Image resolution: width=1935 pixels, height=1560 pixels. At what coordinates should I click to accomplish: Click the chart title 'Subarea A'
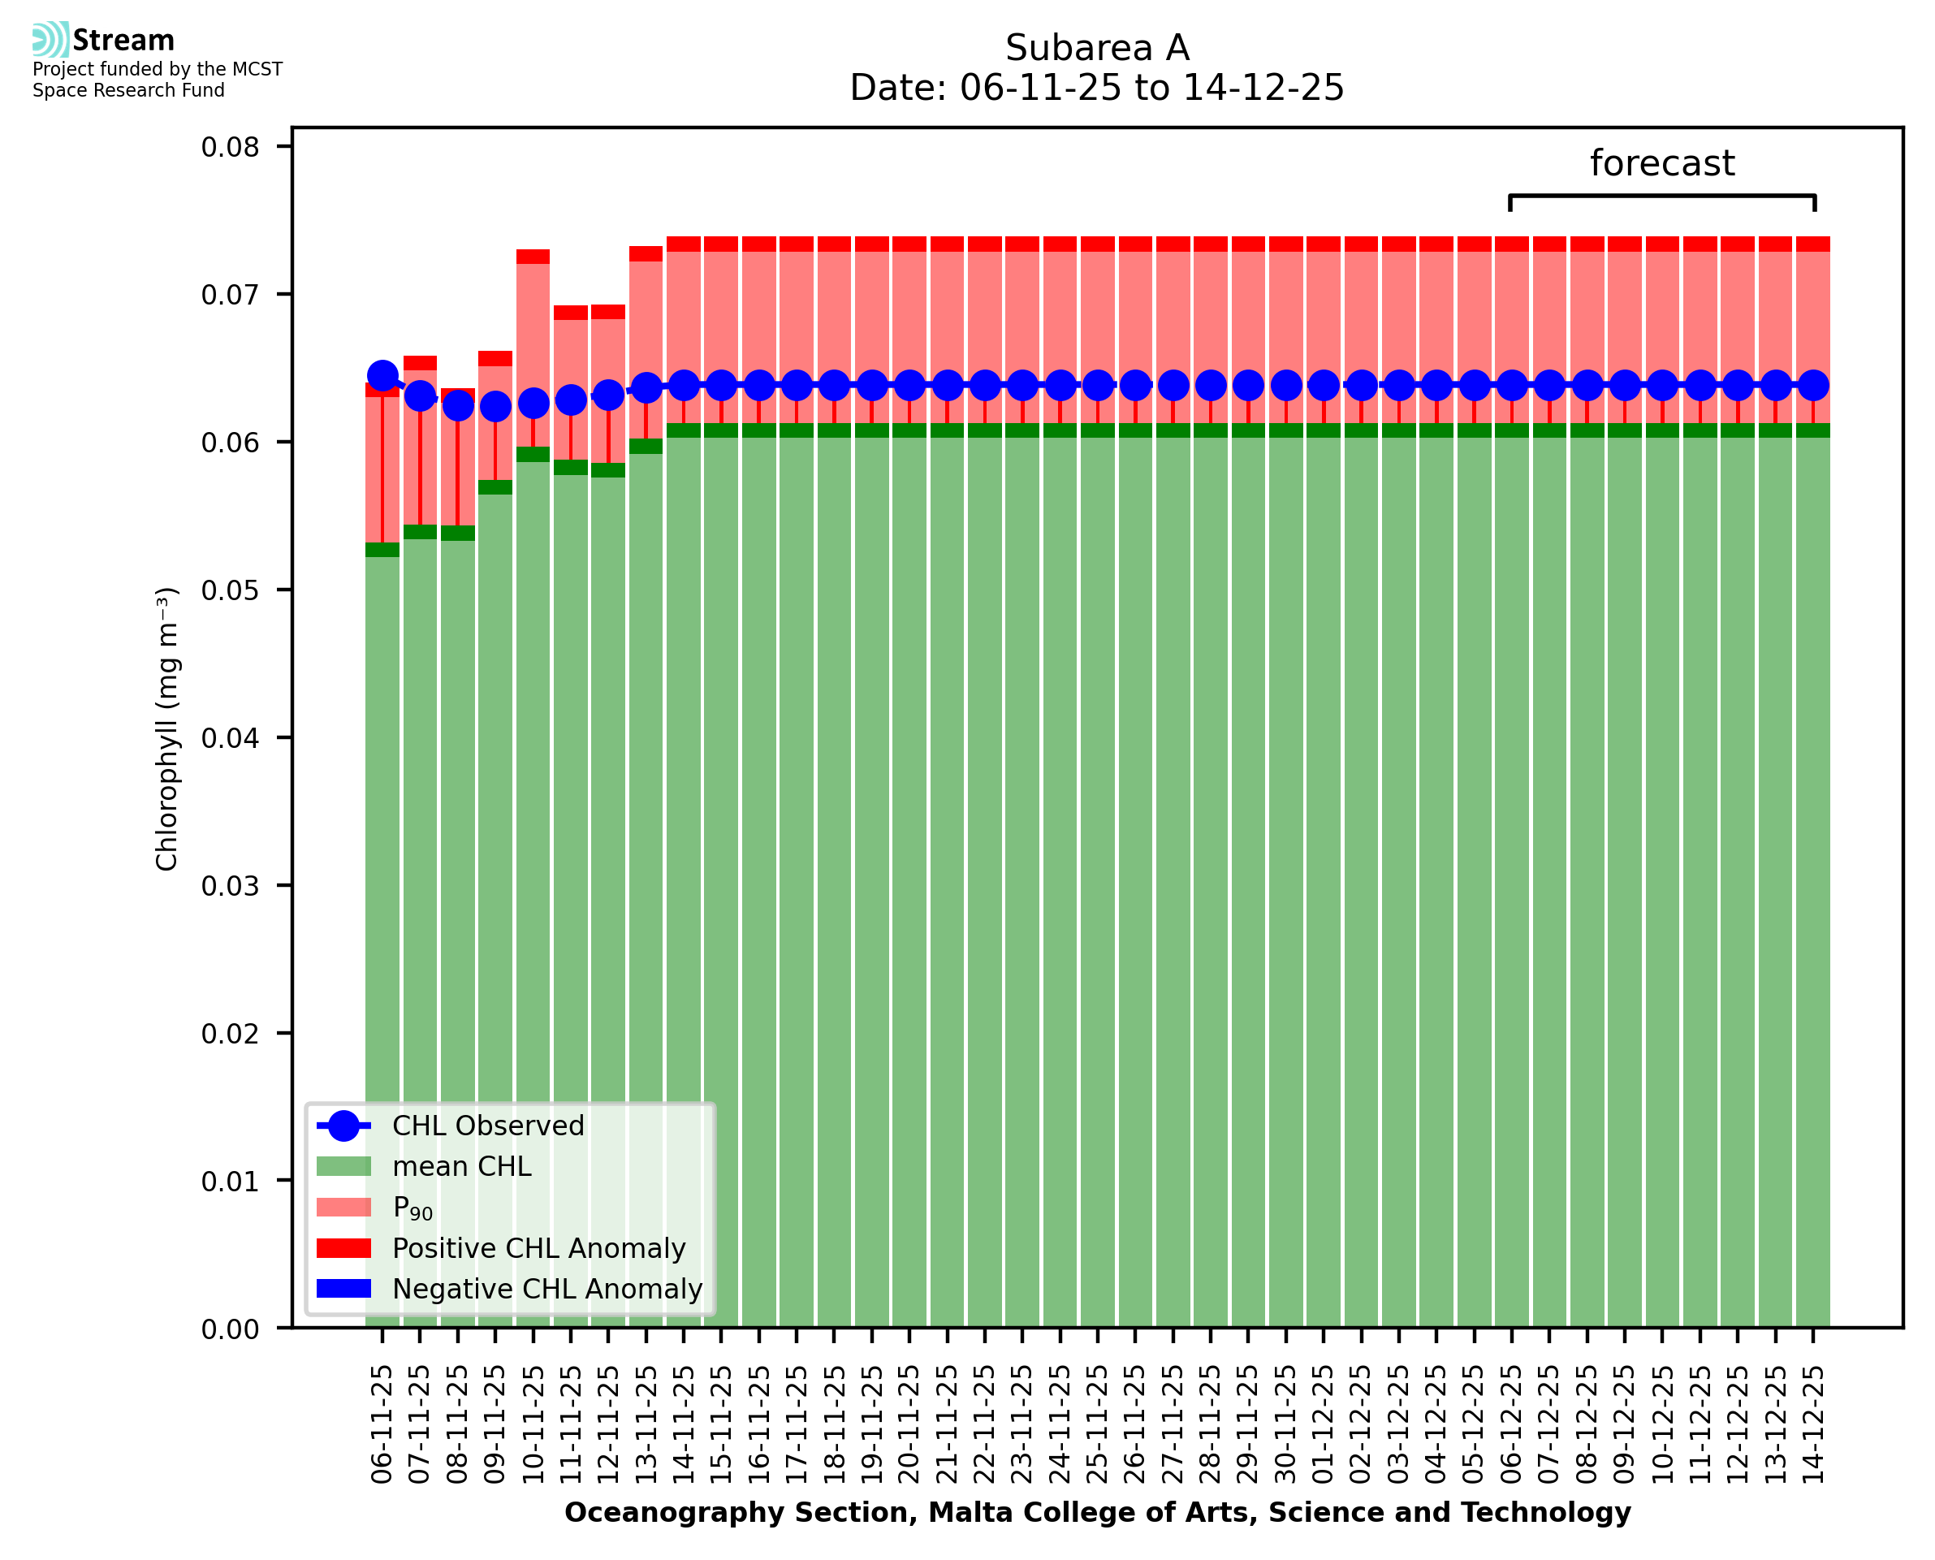(1097, 49)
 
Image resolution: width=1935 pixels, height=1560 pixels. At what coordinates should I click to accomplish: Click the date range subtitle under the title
(1097, 88)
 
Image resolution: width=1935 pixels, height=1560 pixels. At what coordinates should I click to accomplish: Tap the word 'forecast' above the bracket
(1661, 163)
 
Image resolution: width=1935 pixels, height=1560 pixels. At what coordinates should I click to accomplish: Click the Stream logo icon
(50, 40)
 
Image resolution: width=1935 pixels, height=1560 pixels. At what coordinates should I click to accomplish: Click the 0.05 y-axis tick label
(230, 590)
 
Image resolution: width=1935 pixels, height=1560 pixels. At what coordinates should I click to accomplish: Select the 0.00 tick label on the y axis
(230, 1329)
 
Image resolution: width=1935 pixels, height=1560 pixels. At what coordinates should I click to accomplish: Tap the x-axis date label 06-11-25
(382, 1425)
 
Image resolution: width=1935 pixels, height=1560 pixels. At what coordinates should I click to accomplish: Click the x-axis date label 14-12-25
(1814, 1425)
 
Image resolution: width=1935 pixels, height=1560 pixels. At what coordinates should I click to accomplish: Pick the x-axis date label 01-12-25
(1324, 1425)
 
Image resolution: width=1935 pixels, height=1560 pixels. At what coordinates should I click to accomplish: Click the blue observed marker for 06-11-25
(382, 376)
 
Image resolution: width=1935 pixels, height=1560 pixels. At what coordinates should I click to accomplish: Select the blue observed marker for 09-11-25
(495, 407)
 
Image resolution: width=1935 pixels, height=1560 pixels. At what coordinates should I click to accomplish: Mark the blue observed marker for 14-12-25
(1814, 386)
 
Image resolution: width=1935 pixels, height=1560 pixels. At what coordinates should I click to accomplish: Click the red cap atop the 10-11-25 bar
(533, 257)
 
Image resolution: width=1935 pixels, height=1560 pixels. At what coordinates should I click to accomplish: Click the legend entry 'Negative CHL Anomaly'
(546, 1289)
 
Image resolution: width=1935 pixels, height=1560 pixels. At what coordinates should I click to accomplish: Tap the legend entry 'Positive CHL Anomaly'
(538, 1248)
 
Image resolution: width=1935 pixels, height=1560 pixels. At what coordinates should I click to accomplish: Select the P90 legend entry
(412, 1208)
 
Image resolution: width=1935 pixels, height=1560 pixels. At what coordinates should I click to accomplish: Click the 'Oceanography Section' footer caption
(1097, 1512)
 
